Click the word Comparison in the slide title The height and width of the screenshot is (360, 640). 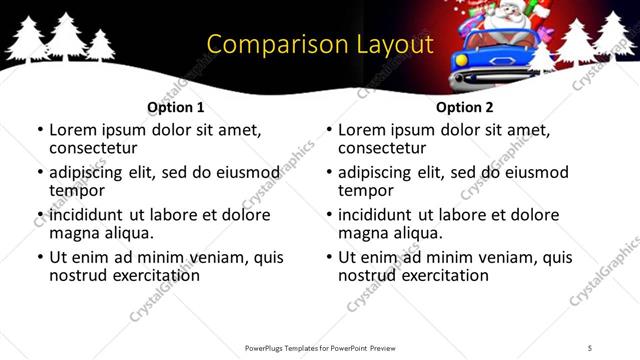(x=263, y=45)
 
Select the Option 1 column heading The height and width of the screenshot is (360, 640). (x=175, y=106)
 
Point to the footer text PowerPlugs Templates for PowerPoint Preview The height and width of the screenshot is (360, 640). (x=319, y=347)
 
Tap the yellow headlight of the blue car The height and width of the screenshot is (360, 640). (x=461, y=59)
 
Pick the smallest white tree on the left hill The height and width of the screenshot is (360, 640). (x=100, y=46)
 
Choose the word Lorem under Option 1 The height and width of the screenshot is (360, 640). (x=73, y=130)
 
